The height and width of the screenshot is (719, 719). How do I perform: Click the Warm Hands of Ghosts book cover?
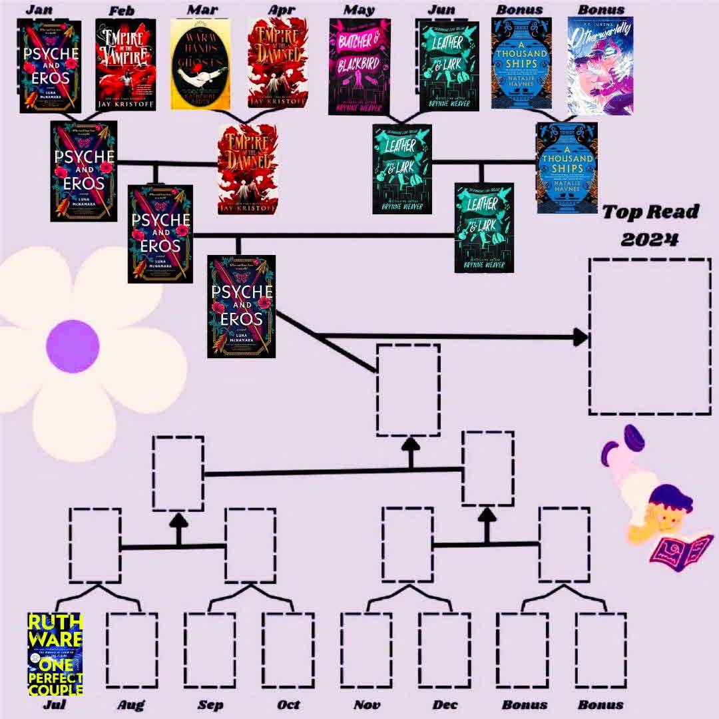click(x=200, y=64)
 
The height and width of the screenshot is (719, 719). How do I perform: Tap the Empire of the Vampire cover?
click(x=126, y=64)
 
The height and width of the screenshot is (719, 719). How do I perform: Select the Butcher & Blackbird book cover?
click(x=360, y=66)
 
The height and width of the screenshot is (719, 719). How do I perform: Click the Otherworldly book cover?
click(x=600, y=65)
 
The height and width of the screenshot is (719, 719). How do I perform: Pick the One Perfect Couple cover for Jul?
click(x=55, y=654)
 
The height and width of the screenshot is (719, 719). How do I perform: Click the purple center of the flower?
click(x=73, y=346)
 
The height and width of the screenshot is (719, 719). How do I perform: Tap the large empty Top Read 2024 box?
click(x=649, y=336)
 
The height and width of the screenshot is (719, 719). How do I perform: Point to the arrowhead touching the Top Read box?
click(x=580, y=338)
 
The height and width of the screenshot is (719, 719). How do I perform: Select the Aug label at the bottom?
click(x=130, y=704)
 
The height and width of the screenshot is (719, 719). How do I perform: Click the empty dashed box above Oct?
click(x=288, y=650)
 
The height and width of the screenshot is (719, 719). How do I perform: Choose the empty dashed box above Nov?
click(x=366, y=650)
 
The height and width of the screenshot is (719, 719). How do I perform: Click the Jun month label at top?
click(x=441, y=9)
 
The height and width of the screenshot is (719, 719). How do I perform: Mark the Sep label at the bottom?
click(x=210, y=704)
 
